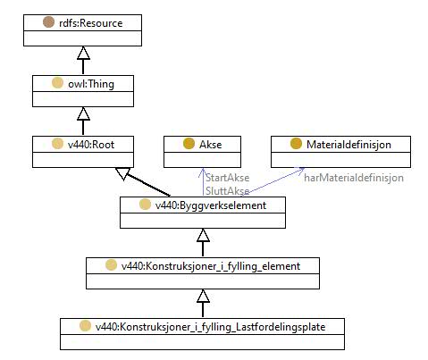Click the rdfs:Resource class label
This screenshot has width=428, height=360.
(x=91, y=23)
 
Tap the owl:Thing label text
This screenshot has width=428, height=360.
(x=91, y=84)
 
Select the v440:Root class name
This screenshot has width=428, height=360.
(x=91, y=145)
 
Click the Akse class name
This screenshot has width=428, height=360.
(x=211, y=145)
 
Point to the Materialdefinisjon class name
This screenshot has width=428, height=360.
(x=348, y=145)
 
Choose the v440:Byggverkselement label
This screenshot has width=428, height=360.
(x=211, y=205)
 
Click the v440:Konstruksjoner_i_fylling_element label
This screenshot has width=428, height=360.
(x=211, y=266)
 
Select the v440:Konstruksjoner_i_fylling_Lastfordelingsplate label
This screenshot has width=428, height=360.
(x=210, y=327)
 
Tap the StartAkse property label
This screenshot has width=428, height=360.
(x=227, y=178)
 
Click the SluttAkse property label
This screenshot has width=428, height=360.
(x=227, y=191)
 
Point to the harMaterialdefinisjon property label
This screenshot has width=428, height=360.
(x=354, y=178)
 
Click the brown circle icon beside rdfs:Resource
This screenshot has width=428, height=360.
(x=48, y=22)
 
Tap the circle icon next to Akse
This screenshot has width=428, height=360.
(x=189, y=144)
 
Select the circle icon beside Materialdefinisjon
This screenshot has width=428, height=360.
(x=296, y=144)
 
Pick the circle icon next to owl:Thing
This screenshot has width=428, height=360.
(x=57, y=83)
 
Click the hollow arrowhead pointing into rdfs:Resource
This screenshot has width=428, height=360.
(x=83, y=53)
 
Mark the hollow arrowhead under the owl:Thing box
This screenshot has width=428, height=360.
(x=83, y=113)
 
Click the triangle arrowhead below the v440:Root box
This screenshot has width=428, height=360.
(x=122, y=173)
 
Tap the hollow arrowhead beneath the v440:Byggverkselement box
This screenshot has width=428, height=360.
(x=203, y=235)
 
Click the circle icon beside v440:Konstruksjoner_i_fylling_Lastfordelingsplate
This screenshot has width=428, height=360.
(x=85, y=326)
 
